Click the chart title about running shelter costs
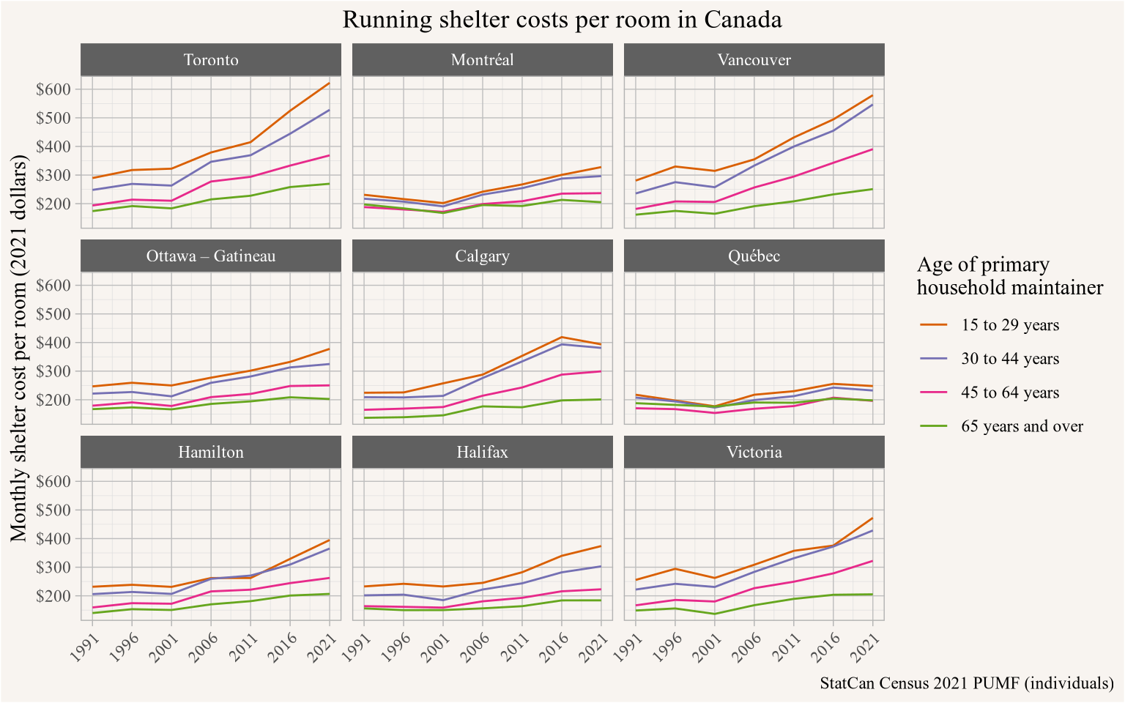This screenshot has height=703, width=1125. pos(562,20)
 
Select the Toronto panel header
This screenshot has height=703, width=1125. pos(211,60)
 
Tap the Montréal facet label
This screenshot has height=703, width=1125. pos(482,60)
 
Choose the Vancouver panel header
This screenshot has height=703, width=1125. pos(754,60)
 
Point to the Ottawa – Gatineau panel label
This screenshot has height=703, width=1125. pos(211,256)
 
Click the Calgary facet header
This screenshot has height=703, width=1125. pos(482,256)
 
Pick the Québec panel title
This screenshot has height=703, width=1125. pos(754,256)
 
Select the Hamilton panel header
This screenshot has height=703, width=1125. pos(211,453)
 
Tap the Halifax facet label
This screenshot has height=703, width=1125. pos(482,453)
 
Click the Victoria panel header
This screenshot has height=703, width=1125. pos(754,453)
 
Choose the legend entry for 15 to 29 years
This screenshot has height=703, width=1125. pos(1009,325)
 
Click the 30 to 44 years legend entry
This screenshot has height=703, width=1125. pos(1009,359)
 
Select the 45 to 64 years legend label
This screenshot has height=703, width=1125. pos(1009,393)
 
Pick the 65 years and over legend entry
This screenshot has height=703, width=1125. pos(1021,427)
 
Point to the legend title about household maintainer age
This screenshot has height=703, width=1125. pos(1009,276)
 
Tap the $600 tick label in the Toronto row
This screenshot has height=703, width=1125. pos(53,89)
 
